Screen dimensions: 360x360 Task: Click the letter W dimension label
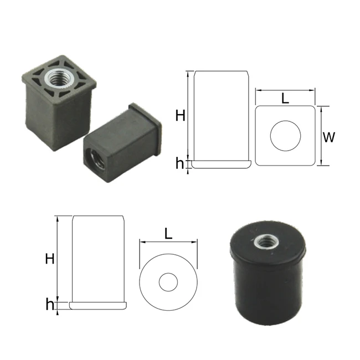[x=329, y=137]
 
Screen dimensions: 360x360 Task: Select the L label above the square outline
[x=285, y=99]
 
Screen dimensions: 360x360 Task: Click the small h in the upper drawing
[x=179, y=163]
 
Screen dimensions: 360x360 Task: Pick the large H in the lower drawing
[x=49, y=258]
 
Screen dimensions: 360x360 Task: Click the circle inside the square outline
[x=285, y=135]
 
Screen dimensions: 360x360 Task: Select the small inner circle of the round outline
[x=168, y=282]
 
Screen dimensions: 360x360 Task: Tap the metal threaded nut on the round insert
[x=263, y=242]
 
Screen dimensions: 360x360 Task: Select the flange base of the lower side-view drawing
[x=97, y=305]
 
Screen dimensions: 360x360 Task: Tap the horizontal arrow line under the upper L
[x=285, y=90]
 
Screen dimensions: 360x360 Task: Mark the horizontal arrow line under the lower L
[x=168, y=242]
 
